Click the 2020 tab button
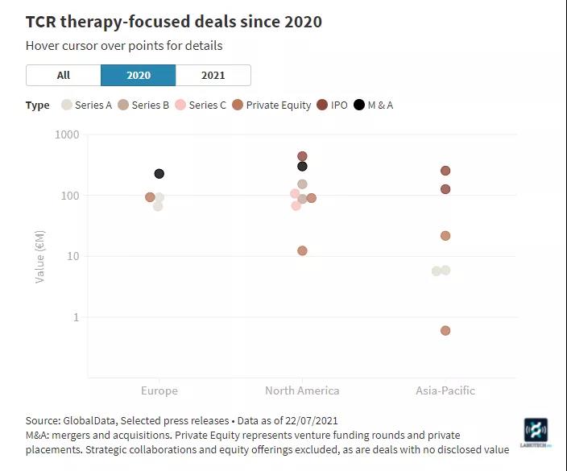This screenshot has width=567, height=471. click(138, 75)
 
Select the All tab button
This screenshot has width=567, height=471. click(64, 75)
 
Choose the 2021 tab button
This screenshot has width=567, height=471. click(213, 75)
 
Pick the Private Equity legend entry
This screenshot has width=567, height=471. click(271, 105)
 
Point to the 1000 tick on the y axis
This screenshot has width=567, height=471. click(67, 134)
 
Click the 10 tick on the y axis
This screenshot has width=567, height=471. click(72, 256)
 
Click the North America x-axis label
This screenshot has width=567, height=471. click(302, 390)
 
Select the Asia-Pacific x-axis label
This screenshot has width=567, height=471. click(445, 390)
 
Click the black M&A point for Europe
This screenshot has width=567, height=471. click(159, 174)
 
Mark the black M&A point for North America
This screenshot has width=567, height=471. click(302, 167)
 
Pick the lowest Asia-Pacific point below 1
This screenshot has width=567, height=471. click(445, 331)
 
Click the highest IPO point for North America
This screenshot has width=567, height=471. click(302, 156)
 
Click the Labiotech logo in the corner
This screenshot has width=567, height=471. click(536, 433)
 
